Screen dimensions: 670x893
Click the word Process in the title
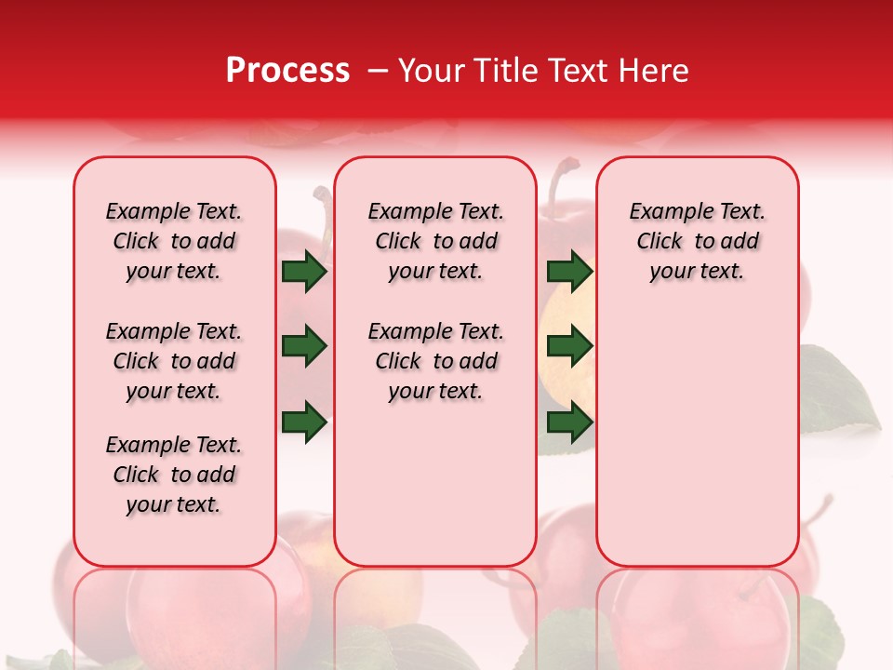click(x=287, y=70)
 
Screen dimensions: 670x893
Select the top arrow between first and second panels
click(x=304, y=272)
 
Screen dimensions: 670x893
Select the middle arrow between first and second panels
click(x=304, y=347)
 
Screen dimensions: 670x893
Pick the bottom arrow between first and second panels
click(x=304, y=421)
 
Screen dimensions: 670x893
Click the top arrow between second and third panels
click(x=569, y=272)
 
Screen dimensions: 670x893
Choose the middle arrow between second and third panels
click(x=569, y=347)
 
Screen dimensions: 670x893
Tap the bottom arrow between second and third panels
click(x=569, y=422)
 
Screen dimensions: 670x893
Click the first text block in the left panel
click(x=174, y=241)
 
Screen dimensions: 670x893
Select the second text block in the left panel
click(x=174, y=361)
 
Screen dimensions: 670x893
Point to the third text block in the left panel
click(x=174, y=475)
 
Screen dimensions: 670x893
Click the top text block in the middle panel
click(x=435, y=241)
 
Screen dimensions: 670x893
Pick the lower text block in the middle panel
click(x=435, y=361)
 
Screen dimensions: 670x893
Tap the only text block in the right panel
click(x=697, y=241)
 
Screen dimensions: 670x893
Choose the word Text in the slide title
click(x=579, y=70)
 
